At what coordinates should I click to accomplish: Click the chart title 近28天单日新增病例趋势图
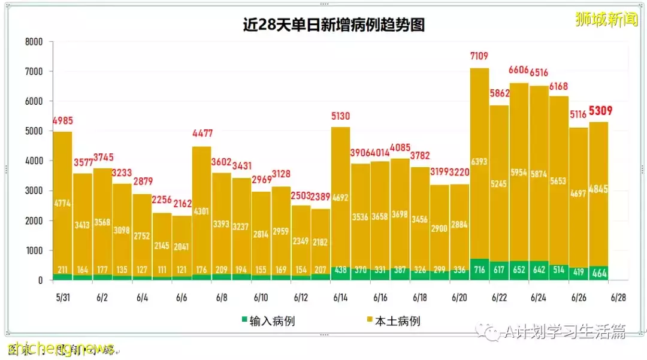click(x=333, y=25)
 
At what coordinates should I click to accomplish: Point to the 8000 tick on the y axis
click(x=34, y=42)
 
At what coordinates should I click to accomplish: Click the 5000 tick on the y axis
click(x=34, y=131)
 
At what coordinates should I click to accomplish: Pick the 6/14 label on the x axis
click(x=341, y=298)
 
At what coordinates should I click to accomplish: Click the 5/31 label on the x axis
click(x=62, y=298)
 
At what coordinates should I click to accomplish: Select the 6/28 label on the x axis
click(x=619, y=298)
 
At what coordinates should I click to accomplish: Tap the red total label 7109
click(x=479, y=57)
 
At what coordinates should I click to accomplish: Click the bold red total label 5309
click(x=600, y=111)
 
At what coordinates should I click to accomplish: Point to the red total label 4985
click(x=63, y=120)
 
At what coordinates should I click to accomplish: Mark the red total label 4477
click(x=202, y=134)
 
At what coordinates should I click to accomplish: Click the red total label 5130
click(x=341, y=116)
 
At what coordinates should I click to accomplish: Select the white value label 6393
click(x=479, y=161)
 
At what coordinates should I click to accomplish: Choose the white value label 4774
click(x=62, y=204)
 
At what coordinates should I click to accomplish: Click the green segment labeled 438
click(x=341, y=271)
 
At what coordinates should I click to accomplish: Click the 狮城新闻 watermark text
click(x=606, y=19)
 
